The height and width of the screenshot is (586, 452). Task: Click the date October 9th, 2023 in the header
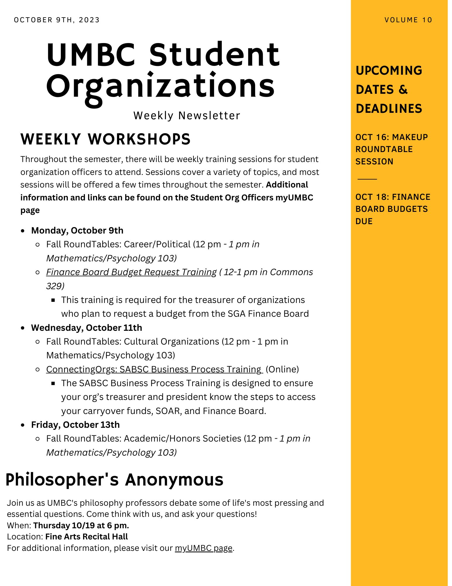(x=57, y=20)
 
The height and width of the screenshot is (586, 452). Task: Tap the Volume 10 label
(x=408, y=20)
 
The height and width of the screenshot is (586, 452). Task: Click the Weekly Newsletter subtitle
(x=187, y=115)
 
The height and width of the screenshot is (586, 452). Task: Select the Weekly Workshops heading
(x=105, y=139)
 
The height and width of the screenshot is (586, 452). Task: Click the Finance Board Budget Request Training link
(x=131, y=272)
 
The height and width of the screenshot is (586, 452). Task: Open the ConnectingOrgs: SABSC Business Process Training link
(x=154, y=369)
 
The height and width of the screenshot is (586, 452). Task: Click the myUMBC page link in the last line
(x=204, y=548)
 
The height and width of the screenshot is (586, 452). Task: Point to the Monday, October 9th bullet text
(x=77, y=231)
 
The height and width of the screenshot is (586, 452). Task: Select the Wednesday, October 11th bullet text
(x=87, y=328)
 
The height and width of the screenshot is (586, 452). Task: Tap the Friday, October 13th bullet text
(x=75, y=425)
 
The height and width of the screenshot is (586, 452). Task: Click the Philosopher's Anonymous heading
(x=114, y=480)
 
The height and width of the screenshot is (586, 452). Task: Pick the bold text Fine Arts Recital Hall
(x=87, y=536)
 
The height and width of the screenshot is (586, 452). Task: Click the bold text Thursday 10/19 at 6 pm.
(x=81, y=525)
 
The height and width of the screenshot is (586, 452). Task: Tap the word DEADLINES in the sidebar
(x=389, y=109)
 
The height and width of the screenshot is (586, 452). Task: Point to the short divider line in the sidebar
(x=367, y=179)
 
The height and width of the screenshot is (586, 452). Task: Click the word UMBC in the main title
(x=91, y=55)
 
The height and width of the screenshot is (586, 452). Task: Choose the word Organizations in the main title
(x=160, y=86)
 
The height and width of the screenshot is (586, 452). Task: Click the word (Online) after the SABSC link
(x=282, y=369)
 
